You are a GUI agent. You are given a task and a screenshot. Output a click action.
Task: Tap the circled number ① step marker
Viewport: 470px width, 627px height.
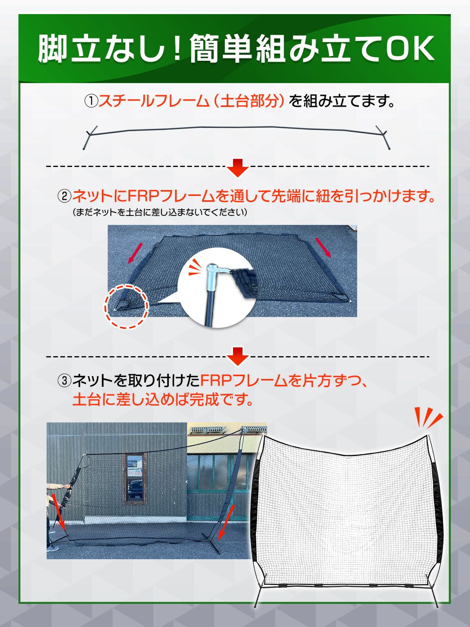pyautogui.click(x=91, y=101)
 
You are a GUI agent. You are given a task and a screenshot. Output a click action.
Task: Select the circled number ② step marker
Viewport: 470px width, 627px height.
pyautogui.click(x=64, y=196)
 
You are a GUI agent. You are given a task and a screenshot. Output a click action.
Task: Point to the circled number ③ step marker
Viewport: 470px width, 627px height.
pyautogui.click(x=64, y=381)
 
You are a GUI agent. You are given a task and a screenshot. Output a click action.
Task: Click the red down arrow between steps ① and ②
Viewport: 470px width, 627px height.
pyautogui.click(x=238, y=168)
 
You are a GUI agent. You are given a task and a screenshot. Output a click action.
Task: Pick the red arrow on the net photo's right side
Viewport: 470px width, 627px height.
pyautogui.click(x=324, y=247)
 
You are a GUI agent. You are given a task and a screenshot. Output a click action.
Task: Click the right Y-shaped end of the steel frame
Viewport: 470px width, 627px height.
pyautogui.click(x=383, y=137)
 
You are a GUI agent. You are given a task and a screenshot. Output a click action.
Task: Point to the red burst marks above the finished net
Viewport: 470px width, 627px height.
pyautogui.click(x=428, y=418)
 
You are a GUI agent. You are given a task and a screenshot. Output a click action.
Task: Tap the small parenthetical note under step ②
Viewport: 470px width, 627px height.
pyautogui.click(x=160, y=212)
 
